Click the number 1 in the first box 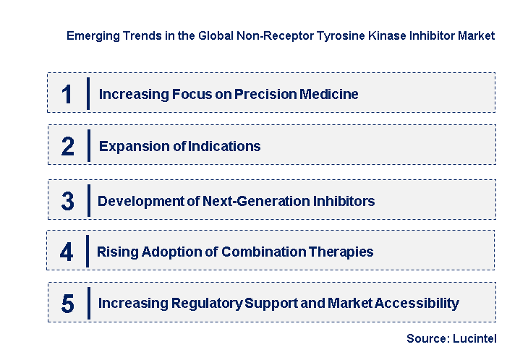coord(67,94)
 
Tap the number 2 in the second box coord(67,147)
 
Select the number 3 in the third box coord(67,201)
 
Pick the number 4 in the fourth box coord(67,252)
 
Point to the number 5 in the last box coord(67,304)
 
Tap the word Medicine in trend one coord(325,94)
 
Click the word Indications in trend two coord(224,147)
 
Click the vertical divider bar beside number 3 coord(88,200)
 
